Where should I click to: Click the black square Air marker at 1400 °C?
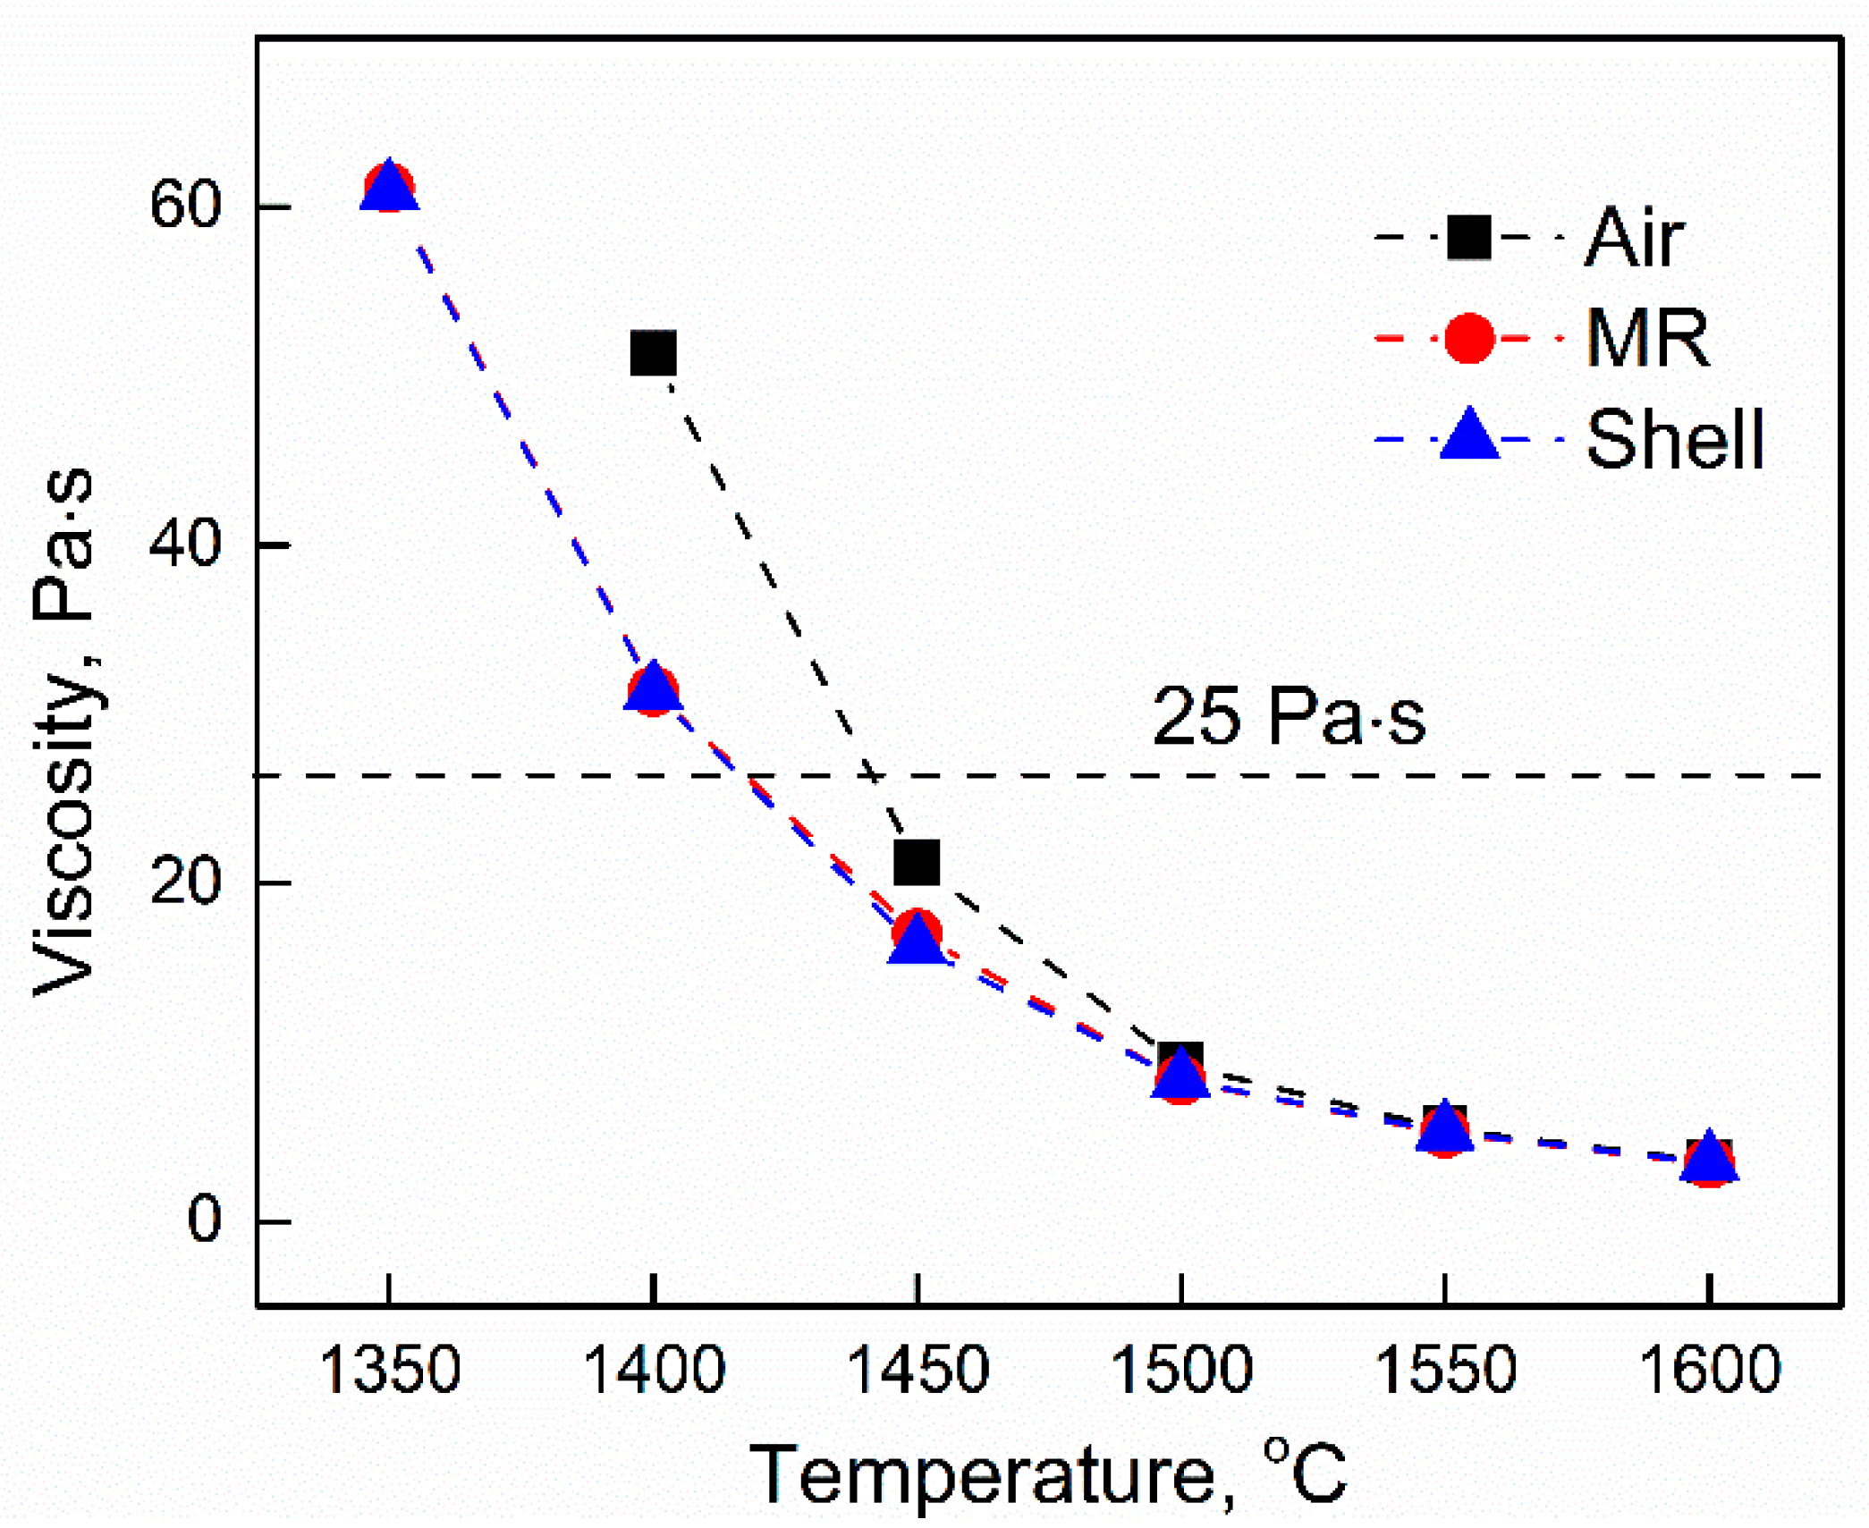653,352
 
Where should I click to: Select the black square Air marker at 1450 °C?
917,862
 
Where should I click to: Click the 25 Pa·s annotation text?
1288,717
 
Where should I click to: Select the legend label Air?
1634,238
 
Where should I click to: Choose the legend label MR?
1647,339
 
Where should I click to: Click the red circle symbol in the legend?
1468,339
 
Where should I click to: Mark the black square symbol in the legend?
1468,238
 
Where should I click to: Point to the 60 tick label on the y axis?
185,205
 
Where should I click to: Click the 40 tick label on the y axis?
185,544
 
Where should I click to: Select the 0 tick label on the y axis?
204,1220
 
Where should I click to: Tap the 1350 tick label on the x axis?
389,1371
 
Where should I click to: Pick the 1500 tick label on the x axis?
1180,1371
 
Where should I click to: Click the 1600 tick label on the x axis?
1709,1371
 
